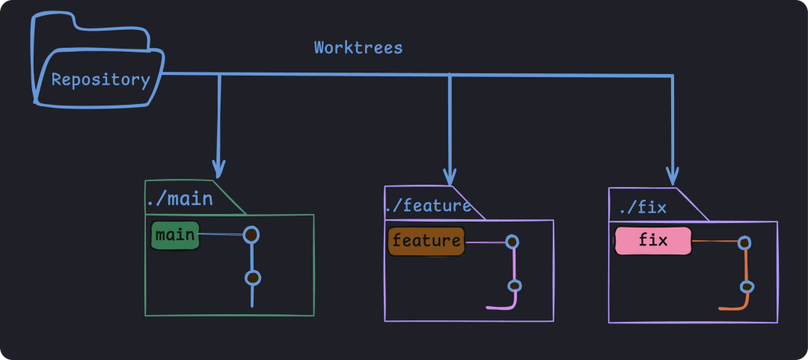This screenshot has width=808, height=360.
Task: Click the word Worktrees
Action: click(358, 48)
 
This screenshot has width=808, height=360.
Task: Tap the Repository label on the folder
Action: click(100, 80)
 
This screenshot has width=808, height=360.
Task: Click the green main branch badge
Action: click(175, 236)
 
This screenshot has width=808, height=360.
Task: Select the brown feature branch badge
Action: click(426, 241)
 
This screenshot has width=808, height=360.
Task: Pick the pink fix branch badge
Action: click(653, 241)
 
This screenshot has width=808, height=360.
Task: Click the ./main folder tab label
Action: click(180, 199)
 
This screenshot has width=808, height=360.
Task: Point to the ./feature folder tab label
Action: click(428, 206)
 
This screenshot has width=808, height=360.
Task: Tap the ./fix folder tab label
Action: click(644, 208)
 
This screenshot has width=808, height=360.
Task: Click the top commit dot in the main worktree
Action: click(251, 235)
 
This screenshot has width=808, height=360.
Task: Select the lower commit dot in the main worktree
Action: click(253, 278)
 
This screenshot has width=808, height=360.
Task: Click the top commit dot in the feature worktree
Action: click(512, 242)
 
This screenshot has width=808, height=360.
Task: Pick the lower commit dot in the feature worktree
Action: click(514, 286)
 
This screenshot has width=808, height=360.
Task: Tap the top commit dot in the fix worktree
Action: click(744, 242)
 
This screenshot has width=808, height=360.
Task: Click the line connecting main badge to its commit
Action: click(221, 235)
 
